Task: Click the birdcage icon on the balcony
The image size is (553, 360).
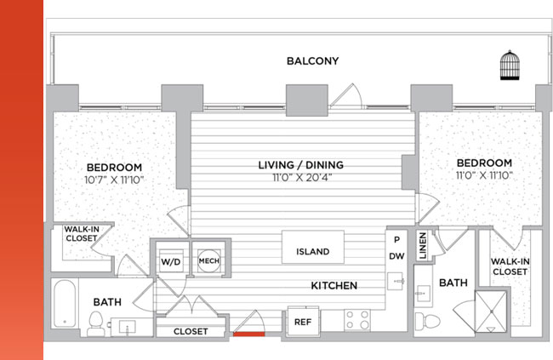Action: pos(510,65)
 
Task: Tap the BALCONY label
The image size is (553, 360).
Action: pos(312,61)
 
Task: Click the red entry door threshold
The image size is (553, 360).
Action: pos(249,334)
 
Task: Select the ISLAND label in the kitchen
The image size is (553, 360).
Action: pos(312,252)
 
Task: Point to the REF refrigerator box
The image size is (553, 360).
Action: pos(303,322)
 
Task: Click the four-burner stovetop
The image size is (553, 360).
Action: pos(357,320)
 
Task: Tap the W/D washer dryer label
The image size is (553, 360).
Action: pos(171,262)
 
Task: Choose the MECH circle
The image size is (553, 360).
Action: pos(209,260)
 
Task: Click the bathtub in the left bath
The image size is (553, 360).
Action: pos(65,304)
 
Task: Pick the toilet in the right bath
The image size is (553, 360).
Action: pos(427,321)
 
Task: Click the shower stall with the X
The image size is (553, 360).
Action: pos(491,311)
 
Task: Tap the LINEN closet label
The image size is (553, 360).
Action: pos(423,246)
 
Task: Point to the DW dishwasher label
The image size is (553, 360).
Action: pos(396,256)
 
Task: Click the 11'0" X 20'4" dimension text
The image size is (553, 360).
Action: pos(302,177)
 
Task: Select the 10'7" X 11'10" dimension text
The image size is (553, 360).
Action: pos(114,180)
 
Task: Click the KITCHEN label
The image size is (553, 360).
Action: pos(334,285)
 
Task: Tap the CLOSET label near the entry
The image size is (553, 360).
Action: pos(191,331)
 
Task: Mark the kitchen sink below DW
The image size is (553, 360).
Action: pos(395,282)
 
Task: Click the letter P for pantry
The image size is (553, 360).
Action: pos(396,240)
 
